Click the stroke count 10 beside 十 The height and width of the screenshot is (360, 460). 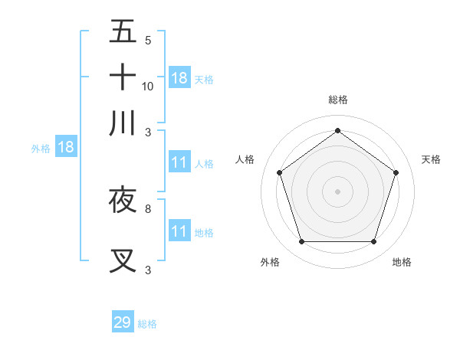pyautogui.click(x=148, y=86)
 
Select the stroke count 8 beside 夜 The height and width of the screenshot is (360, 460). pyautogui.click(x=148, y=208)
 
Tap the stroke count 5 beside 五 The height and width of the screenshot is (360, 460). pyautogui.click(x=148, y=40)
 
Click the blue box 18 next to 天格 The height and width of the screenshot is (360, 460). pyautogui.click(x=179, y=77)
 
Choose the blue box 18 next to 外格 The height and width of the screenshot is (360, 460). pyautogui.click(x=66, y=147)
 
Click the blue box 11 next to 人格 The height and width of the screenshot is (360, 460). pyautogui.click(x=179, y=162)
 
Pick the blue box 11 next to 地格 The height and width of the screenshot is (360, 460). pyautogui.click(x=179, y=231)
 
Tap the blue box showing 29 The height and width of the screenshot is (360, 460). pyautogui.click(x=123, y=322)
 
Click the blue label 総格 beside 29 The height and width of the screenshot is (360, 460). pyautogui.click(x=147, y=324)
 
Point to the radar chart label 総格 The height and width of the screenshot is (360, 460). pyautogui.click(x=338, y=100)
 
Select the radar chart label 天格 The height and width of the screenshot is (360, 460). pyautogui.click(x=432, y=159)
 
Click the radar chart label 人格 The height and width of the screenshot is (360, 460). pyautogui.click(x=245, y=159)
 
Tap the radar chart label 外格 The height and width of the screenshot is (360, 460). pyautogui.click(x=270, y=262)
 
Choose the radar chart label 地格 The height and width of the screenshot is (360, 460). pyautogui.click(x=402, y=262)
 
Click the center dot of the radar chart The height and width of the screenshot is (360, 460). pyautogui.click(x=337, y=190)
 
